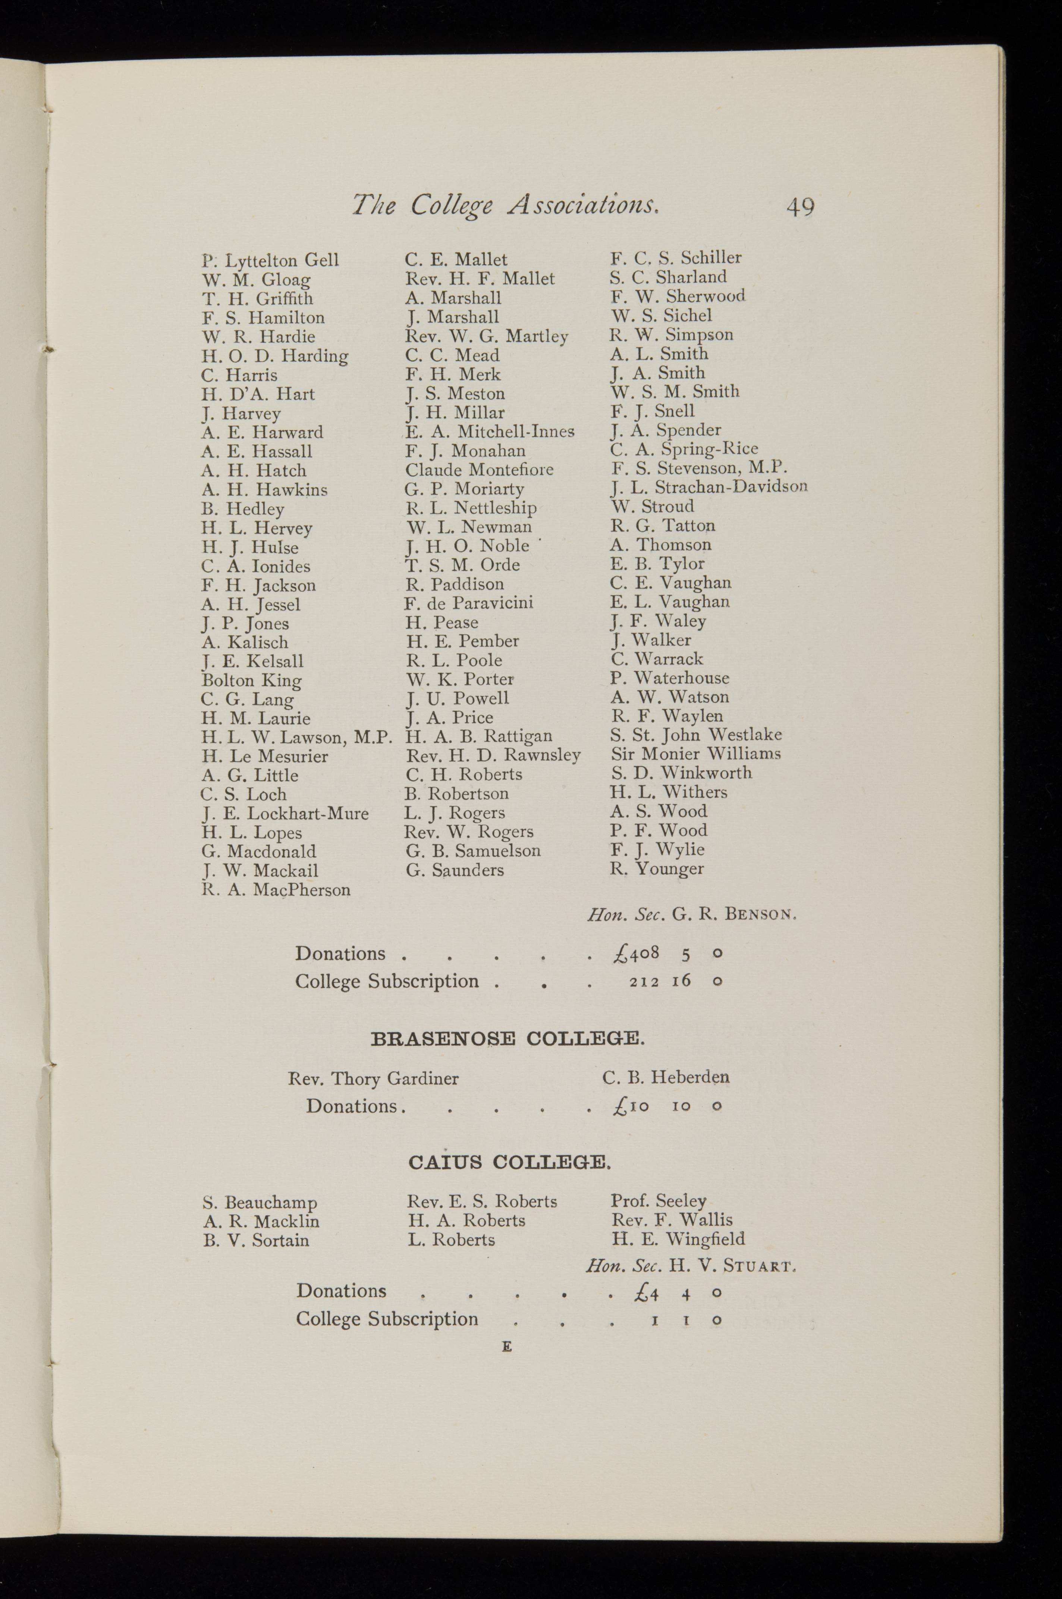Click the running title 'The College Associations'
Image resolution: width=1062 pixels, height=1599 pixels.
coord(506,204)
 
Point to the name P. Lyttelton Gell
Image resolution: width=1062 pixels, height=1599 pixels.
coord(270,261)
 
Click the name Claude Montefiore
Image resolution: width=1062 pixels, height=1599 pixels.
coord(479,470)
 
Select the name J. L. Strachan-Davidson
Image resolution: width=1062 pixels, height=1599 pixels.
coord(708,487)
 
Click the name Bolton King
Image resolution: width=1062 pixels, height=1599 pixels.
coord(251,681)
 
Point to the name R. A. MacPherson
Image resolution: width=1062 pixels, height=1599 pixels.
coord(276,890)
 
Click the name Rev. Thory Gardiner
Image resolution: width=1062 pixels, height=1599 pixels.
coord(373,1078)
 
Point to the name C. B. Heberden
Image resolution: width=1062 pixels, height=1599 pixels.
coord(666,1077)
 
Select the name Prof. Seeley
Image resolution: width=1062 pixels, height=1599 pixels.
coord(658,1201)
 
